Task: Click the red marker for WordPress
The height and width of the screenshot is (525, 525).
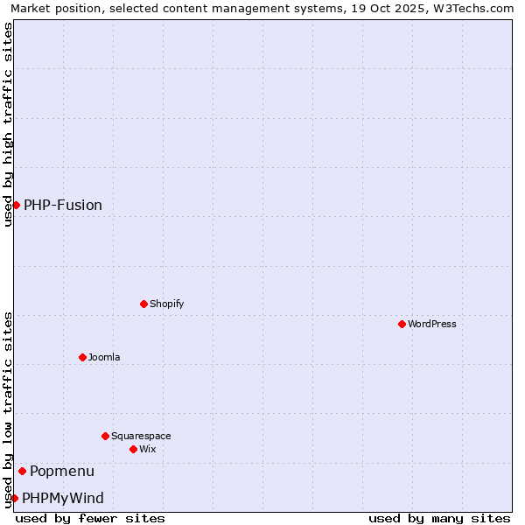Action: coord(402,324)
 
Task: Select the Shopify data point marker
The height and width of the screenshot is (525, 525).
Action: coord(143,304)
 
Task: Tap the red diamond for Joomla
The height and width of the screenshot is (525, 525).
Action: coord(82,357)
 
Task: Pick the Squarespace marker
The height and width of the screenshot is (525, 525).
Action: coord(105,436)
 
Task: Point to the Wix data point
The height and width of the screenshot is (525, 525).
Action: coord(133,449)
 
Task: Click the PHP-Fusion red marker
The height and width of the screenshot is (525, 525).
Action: coord(16,205)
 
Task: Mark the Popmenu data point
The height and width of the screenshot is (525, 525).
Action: coord(22,471)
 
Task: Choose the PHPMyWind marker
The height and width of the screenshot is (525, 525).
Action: coord(14,498)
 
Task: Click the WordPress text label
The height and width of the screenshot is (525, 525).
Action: coord(432,324)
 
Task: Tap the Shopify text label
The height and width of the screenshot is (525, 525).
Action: coord(166,304)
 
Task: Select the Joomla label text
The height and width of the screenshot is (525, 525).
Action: coord(104,357)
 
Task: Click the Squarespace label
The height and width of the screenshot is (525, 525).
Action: coord(141,436)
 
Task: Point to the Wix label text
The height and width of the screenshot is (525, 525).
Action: coord(147,449)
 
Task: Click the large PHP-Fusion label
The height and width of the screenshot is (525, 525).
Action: coord(63,205)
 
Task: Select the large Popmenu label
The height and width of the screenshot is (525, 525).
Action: coord(62,471)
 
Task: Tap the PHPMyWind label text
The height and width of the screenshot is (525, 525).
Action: coord(63,498)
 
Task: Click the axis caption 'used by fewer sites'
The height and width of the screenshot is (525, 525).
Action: coord(90,518)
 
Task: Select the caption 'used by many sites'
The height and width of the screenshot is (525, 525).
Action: coord(439,518)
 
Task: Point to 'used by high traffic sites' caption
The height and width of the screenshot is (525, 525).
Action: coord(9,124)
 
